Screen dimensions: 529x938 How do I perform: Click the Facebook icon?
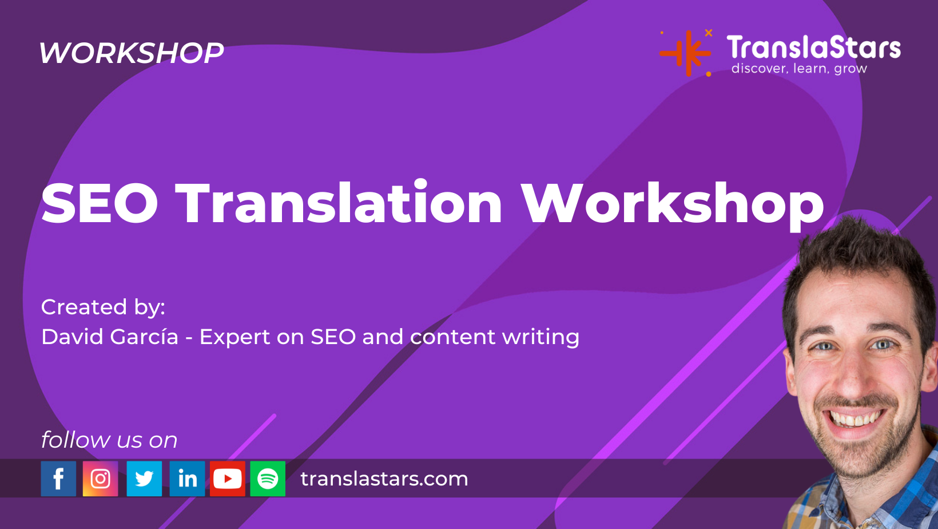pyautogui.click(x=58, y=479)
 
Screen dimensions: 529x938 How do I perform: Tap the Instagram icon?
pyautogui.click(x=100, y=479)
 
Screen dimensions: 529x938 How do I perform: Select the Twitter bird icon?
pyautogui.click(x=144, y=479)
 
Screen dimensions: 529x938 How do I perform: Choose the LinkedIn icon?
pyautogui.click(x=187, y=479)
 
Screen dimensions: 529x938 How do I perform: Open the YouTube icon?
pyautogui.click(x=227, y=479)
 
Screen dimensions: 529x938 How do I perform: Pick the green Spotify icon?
pyautogui.click(x=268, y=479)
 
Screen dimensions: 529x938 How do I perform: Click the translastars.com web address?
pyautogui.click(x=384, y=479)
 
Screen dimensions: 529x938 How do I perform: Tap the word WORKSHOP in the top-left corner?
pyautogui.click(x=132, y=53)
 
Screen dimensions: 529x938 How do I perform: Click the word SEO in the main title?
pyautogui.click(x=100, y=203)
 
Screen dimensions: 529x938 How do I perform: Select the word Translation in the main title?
pyautogui.click(x=339, y=203)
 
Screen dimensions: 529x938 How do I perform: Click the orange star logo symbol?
pyautogui.click(x=686, y=53)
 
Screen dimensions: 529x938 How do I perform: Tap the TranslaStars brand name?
pyautogui.click(x=813, y=48)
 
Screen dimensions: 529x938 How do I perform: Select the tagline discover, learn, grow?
pyautogui.click(x=799, y=69)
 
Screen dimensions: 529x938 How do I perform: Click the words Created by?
pyautogui.click(x=103, y=307)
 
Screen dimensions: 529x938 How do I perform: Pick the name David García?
pyautogui.click(x=110, y=337)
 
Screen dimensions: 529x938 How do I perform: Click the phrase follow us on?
pyautogui.click(x=109, y=440)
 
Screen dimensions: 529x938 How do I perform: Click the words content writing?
pyautogui.click(x=495, y=337)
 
